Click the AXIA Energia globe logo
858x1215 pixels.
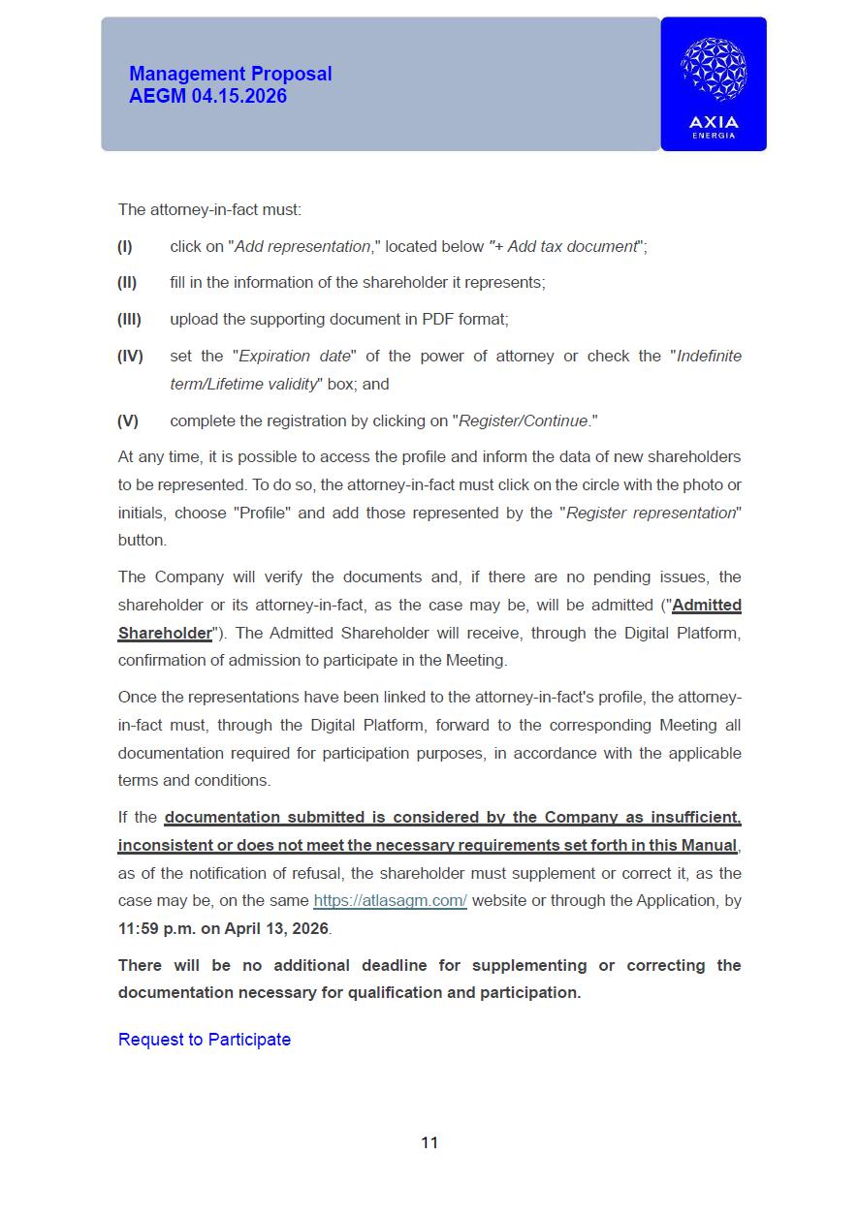click(714, 70)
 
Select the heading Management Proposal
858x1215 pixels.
click(230, 74)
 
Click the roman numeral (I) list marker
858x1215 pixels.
click(125, 246)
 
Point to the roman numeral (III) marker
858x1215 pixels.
click(129, 319)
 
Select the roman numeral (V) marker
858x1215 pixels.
click(128, 421)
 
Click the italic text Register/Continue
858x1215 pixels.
click(524, 421)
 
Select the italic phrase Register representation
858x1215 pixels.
click(651, 513)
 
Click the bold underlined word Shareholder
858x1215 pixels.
click(165, 633)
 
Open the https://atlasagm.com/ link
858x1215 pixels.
click(390, 900)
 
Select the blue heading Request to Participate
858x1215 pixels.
click(205, 1040)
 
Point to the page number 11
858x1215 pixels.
click(429, 1143)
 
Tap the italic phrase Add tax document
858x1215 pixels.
click(571, 246)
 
